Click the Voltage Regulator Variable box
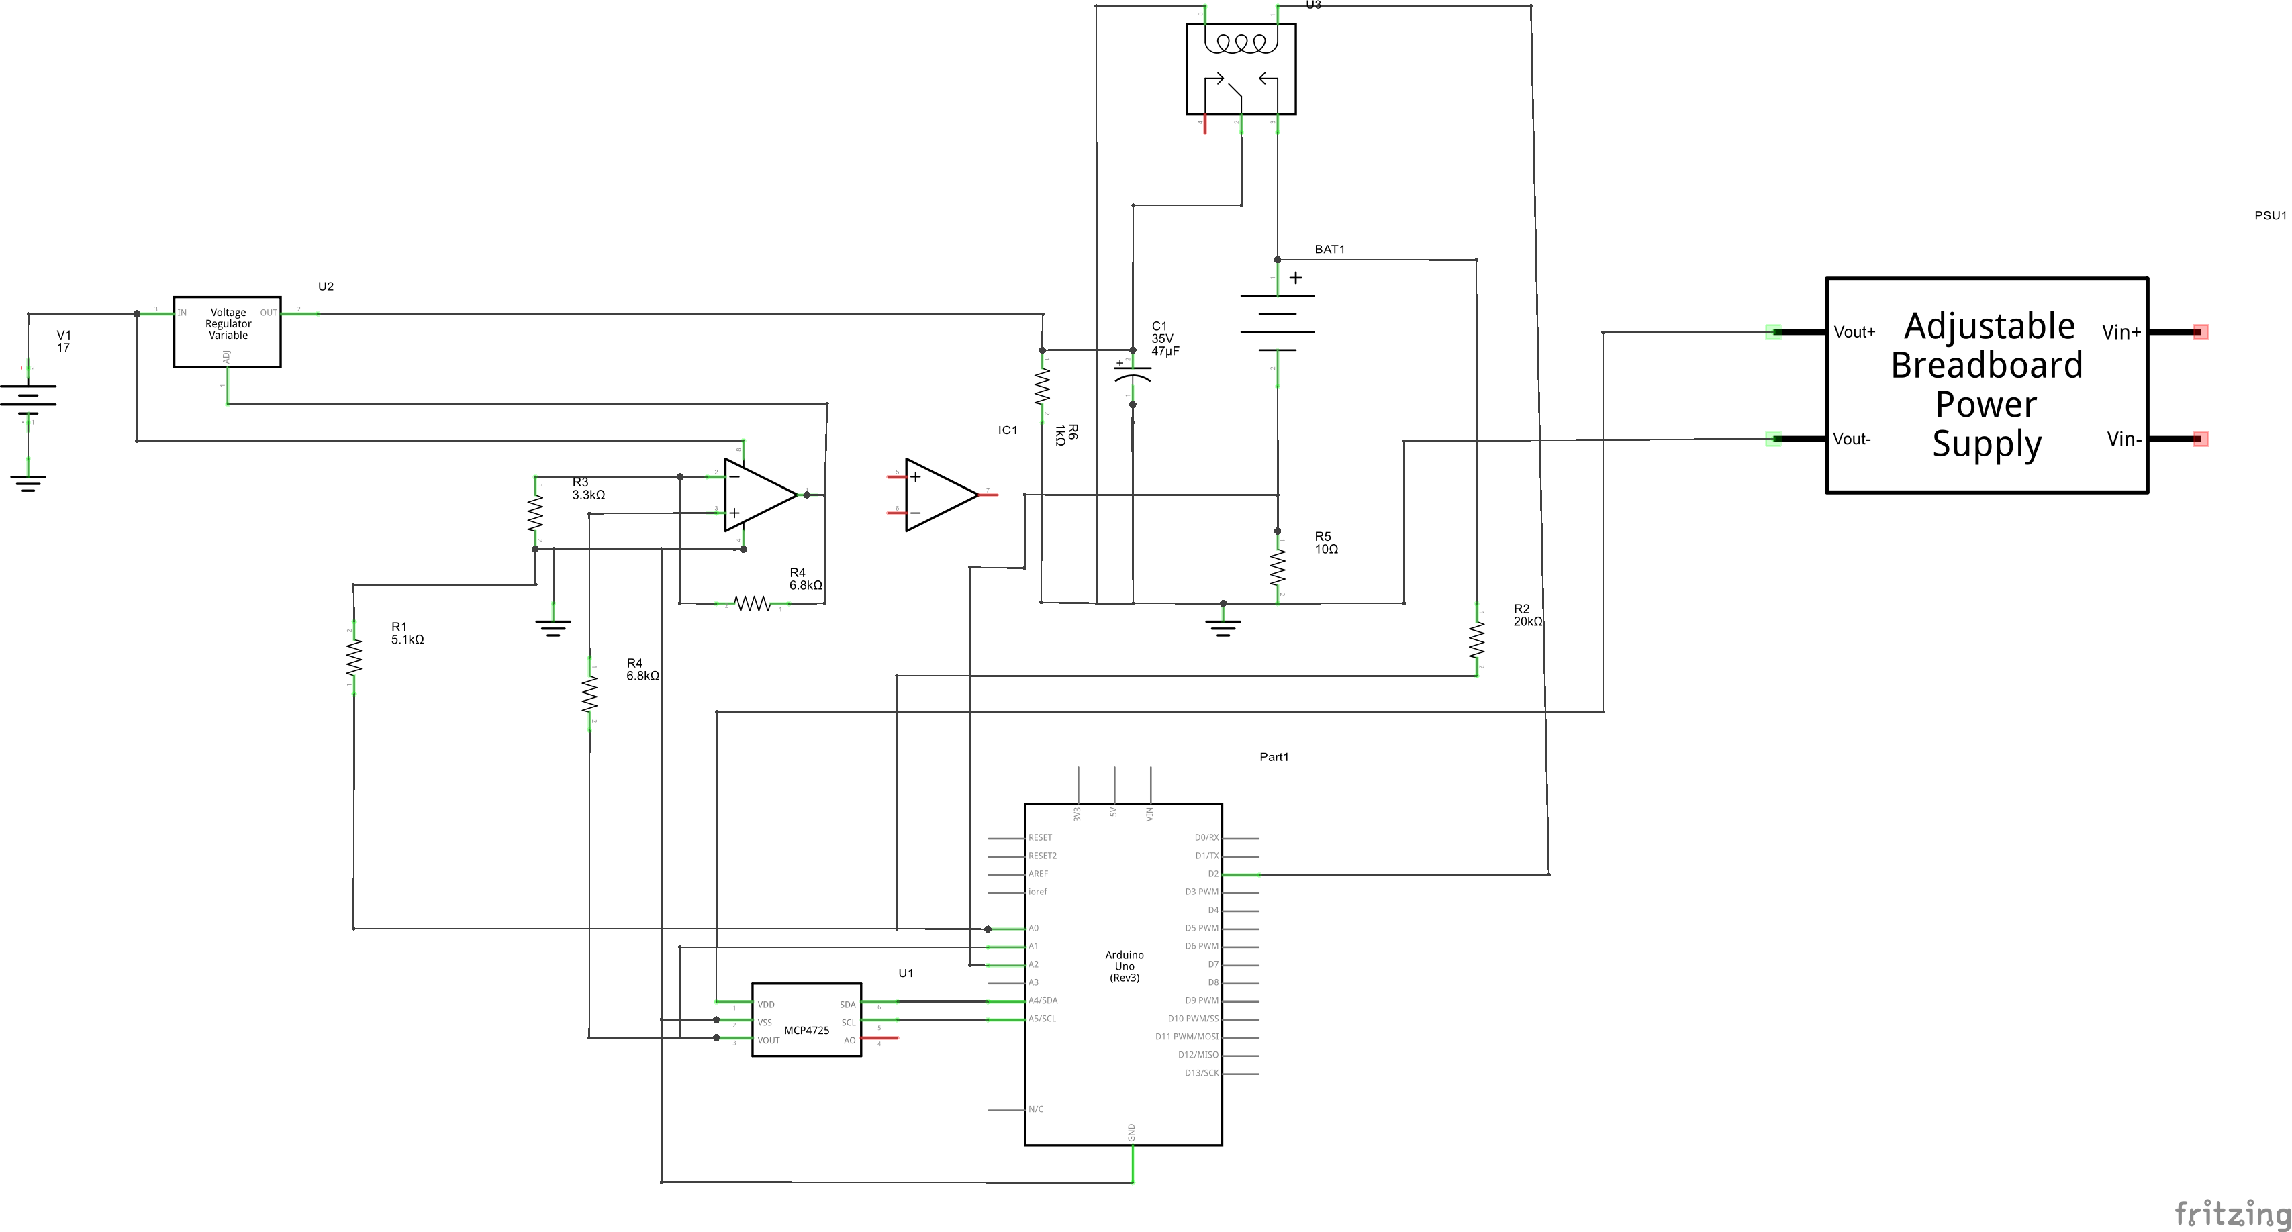point(227,331)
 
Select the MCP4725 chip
point(806,1019)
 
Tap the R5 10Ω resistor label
point(1326,543)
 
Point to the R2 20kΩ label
point(1527,615)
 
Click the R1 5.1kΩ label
point(407,633)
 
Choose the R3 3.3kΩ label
point(587,489)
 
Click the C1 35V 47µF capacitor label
point(1165,339)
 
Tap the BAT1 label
point(1329,249)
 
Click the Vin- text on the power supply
point(2123,440)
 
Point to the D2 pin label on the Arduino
point(1212,874)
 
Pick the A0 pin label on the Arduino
point(1034,929)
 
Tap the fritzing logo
point(2232,1213)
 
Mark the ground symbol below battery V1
point(28,483)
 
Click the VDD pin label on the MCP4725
point(765,1005)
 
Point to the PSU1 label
point(2270,215)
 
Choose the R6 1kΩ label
point(1066,434)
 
